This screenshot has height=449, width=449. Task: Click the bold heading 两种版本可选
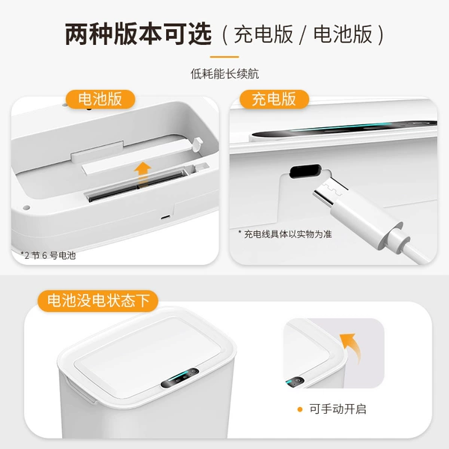pos(138,34)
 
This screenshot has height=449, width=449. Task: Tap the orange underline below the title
pos(224,57)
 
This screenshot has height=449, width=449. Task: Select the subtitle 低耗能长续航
pos(224,74)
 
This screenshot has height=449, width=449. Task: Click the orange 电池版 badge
pos(100,99)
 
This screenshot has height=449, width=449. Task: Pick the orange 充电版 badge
pos(274,99)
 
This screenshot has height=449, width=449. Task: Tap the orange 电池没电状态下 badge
pos(98,301)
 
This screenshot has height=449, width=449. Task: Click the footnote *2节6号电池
pos(48,255)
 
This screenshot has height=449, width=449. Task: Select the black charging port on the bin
pos(305,171)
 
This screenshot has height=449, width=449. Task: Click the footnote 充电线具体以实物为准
pos(285,234)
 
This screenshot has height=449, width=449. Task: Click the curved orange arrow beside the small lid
pos(352,346)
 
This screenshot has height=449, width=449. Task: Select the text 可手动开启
pos(338,409)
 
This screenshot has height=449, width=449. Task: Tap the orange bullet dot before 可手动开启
pos(300,409)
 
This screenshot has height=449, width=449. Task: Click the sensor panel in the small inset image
pos(295,382)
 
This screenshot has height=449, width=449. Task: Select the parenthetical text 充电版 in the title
pos(263,34)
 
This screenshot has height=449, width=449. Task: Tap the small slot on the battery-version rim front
pos(165,217)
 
